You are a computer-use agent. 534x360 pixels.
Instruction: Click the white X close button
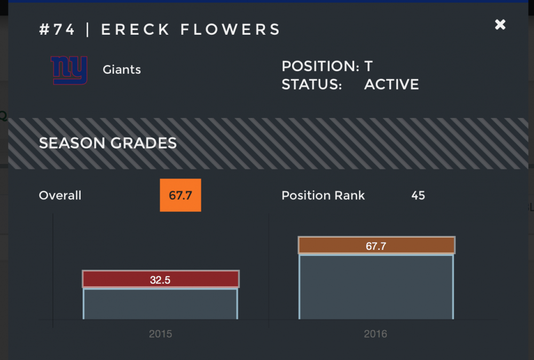pyautogui.click(x=500, y=25)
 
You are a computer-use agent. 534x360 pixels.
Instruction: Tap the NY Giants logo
pyautogui.click(x=69, y=71)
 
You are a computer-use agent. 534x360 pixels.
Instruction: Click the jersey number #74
pyautogui.click(x=57, y=29)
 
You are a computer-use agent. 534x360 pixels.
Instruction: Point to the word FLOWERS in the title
pyautogui.click(x=230, y=29)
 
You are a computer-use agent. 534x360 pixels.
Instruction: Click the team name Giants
pyautogui.click(x=122, y=69)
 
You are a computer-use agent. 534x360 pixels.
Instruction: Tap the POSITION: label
pyautogui.click(x=320, y=67)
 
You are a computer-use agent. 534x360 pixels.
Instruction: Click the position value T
pyautogui.click(x=368, y=67)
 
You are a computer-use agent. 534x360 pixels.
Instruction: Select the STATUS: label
pyautogui.click(x=311, y=84)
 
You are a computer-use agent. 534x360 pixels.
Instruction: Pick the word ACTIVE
pyautogui.click(x=391, y=84)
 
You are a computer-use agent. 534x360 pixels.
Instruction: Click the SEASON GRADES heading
pyautogui.click(x=108, y=143)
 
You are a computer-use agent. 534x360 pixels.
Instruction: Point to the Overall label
pyautogui.click(x=60, y=195)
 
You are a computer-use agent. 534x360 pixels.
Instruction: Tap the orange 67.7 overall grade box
pyautogui.click(x=180, y=195)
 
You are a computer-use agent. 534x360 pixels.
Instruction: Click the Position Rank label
pyautogui.click(x=323, y=195)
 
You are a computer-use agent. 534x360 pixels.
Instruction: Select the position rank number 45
pyautogui.click(x=418, y=195)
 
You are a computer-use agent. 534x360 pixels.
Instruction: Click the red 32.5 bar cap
pyautogui.click(x=160, y=279)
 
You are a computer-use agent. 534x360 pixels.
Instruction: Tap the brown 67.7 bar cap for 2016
pyautogui.click(x=376, y=246)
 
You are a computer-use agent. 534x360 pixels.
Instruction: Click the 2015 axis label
pyautogui.click(x=160, y=334)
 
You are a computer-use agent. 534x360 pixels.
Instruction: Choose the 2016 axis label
pyautogui.click(x=375, y=334)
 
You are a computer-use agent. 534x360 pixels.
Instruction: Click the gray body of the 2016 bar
pyautogui.click(x=376, y=287)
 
